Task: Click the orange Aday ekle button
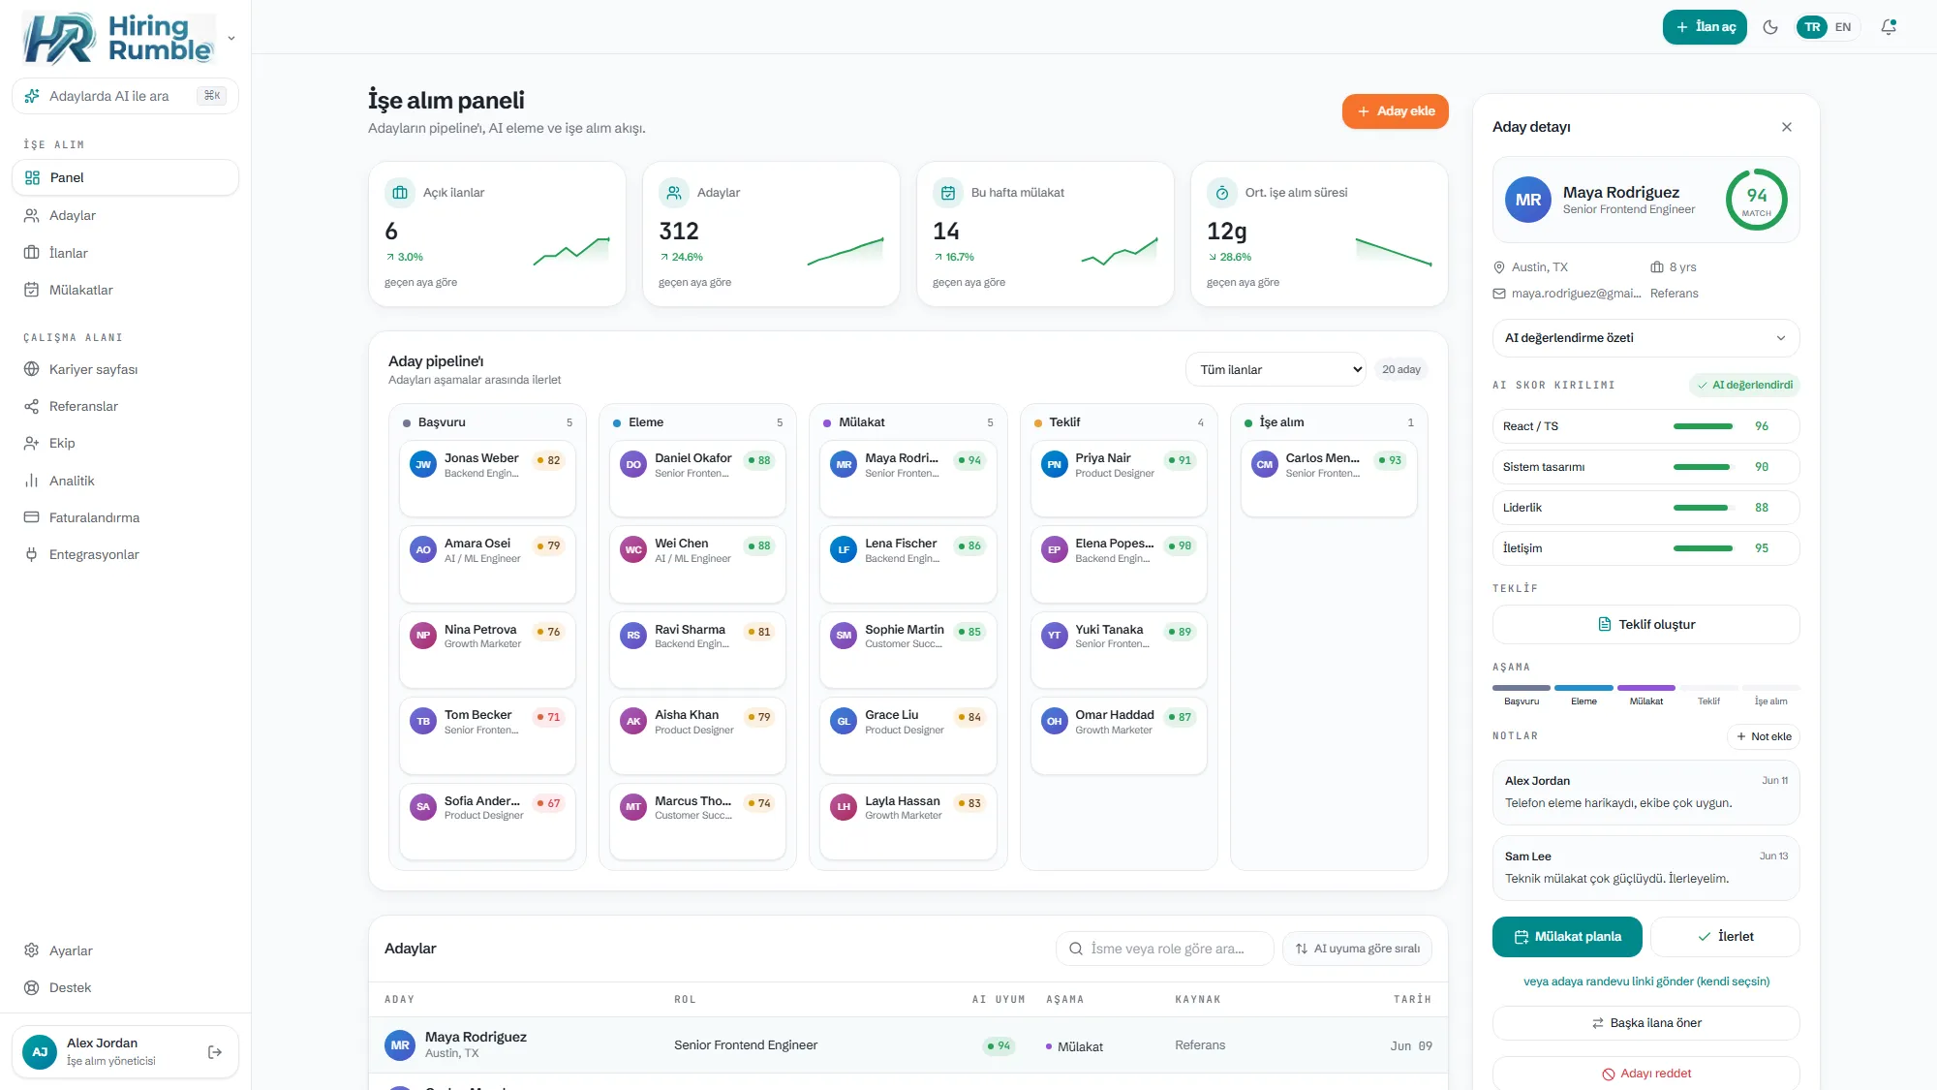point(1395,111)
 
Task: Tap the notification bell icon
point(1889,27)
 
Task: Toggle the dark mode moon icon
point(1770,27)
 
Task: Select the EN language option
point(1843,27)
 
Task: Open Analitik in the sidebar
point(72,481)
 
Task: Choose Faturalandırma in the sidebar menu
point(94,517)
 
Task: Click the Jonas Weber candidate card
point(487,479)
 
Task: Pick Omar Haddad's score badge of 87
point(1180,717)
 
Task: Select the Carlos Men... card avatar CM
point(1265,464)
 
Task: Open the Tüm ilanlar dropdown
point(1276,369)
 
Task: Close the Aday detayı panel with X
point(1787,127)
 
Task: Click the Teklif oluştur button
point(1645,624)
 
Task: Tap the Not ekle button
point(1764,736)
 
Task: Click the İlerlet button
point(1725,937)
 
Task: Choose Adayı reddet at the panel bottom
point(1645,1074)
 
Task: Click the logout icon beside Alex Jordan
point(215,1052)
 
